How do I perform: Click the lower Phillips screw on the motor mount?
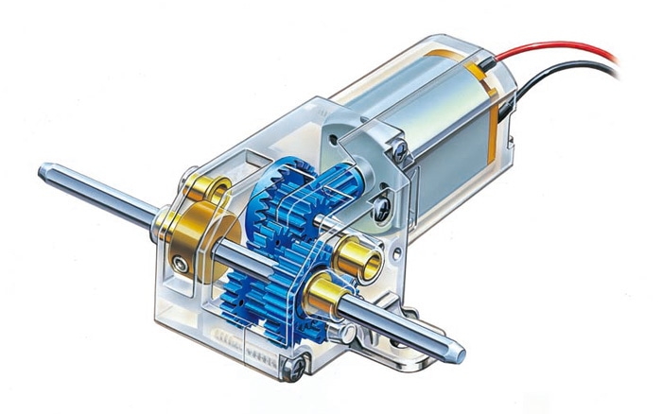click(x=382, y=200)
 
